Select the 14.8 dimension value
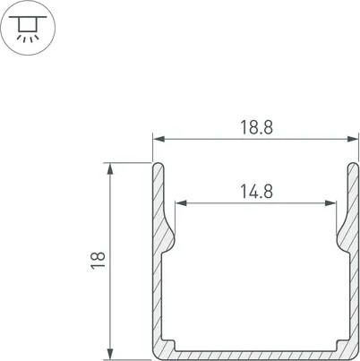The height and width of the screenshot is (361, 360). click(x=255, y=189)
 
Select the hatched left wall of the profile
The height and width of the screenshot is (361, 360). click(x=158, y=287)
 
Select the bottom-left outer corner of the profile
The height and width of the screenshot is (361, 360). click(x=154, y=354)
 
